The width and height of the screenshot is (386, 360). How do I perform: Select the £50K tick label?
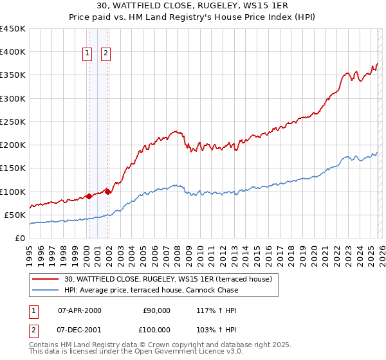[x=15, y=215]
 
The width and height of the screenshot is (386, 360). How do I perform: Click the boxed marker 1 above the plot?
[x=87, y=54]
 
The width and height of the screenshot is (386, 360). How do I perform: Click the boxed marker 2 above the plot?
[x=106, y=54]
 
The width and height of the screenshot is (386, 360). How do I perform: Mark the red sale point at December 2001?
[x=107, y=192]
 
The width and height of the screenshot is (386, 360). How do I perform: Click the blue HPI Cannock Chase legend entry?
[x=151, y=290]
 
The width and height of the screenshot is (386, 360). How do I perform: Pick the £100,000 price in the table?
[x=156, y=329]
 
